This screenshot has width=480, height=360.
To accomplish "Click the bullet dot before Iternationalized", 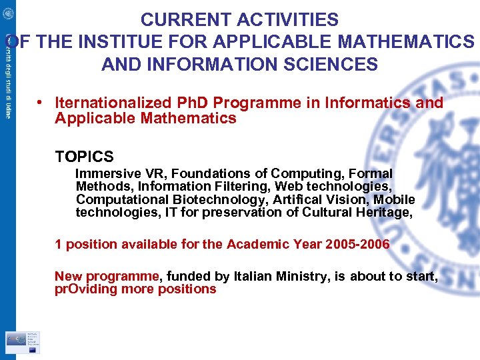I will point(41,103).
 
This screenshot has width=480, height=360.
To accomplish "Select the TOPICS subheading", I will point(85,157).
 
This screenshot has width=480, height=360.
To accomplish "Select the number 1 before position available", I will point(59,244).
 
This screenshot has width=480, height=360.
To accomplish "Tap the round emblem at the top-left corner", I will point(8,12).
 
